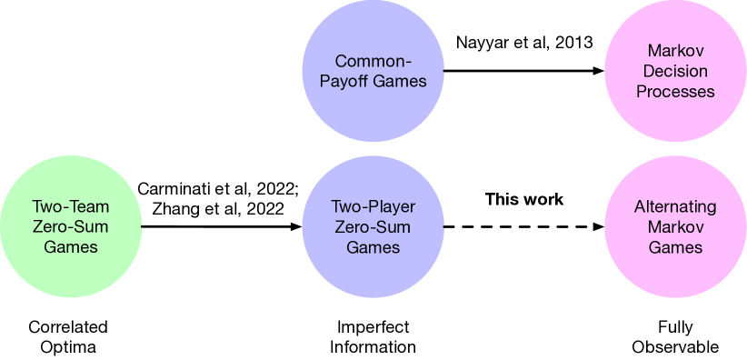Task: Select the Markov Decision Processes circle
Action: [x=674, y=72]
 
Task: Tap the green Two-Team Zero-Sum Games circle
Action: [x=71, y=226]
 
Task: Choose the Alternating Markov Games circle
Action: [x=674, y=226]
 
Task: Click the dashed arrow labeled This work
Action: [x=523, y=226]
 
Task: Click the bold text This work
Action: [x=524, y=199]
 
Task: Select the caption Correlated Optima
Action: [x=68, y=336]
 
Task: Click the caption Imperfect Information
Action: [x=373, y=336]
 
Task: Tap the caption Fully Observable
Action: [x=675, y=336]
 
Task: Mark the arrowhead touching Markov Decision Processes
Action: [x=599, y=72]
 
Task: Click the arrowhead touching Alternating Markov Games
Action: [x=599, y=226]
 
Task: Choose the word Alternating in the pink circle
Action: [x=674, y=206]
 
